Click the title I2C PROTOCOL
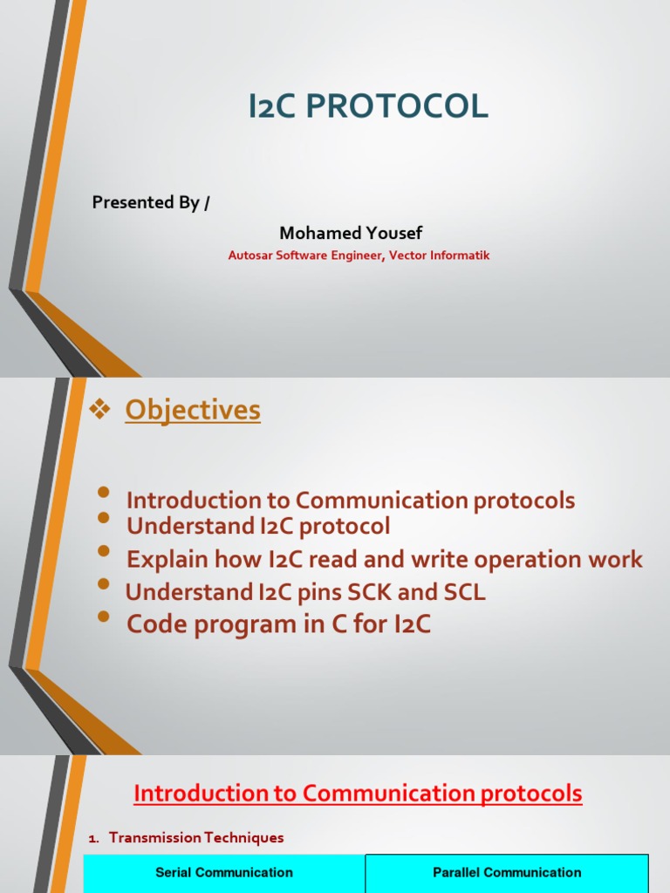(367, 106)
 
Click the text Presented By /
(151, 202)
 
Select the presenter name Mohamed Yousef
(351, 233)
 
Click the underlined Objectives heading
(193, 410)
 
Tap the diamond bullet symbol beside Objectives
(101, 410)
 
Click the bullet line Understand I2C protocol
(258, 527)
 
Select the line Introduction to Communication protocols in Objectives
(351, 501)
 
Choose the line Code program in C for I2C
(279, 624)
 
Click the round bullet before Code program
(105, 617)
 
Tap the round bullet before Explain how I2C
(105, 552)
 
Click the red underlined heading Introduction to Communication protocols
(358, 794)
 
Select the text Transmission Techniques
(196, 838)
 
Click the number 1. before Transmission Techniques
(94, 838)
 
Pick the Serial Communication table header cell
(224, 873)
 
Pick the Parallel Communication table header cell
(507, 873)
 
